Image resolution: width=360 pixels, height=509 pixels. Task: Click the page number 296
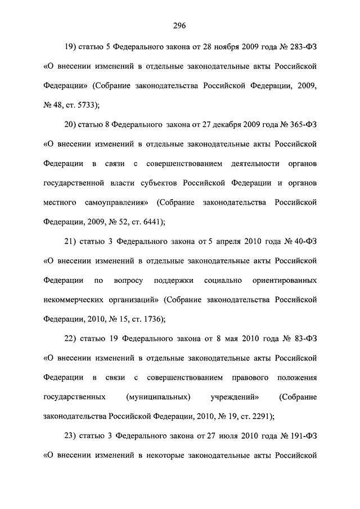179,25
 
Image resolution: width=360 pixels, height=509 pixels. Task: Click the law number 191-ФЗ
300,436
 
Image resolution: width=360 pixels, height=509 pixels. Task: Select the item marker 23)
74,436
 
